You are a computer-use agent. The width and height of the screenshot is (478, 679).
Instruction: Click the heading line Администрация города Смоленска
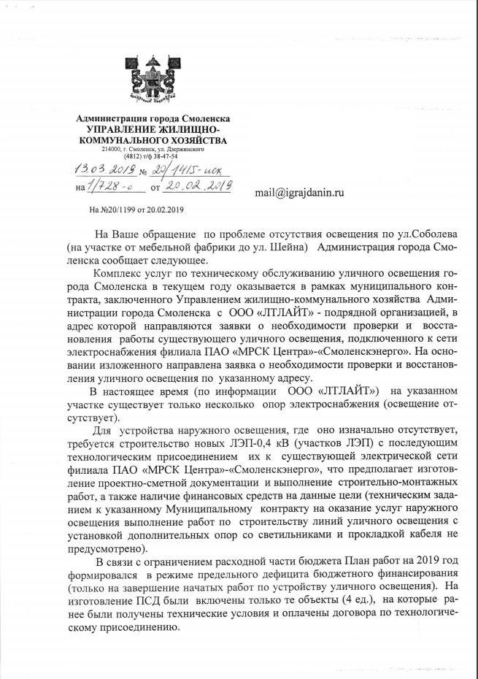point(154,119)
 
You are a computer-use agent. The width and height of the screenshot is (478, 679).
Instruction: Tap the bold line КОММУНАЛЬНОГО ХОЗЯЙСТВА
point(152,139)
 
